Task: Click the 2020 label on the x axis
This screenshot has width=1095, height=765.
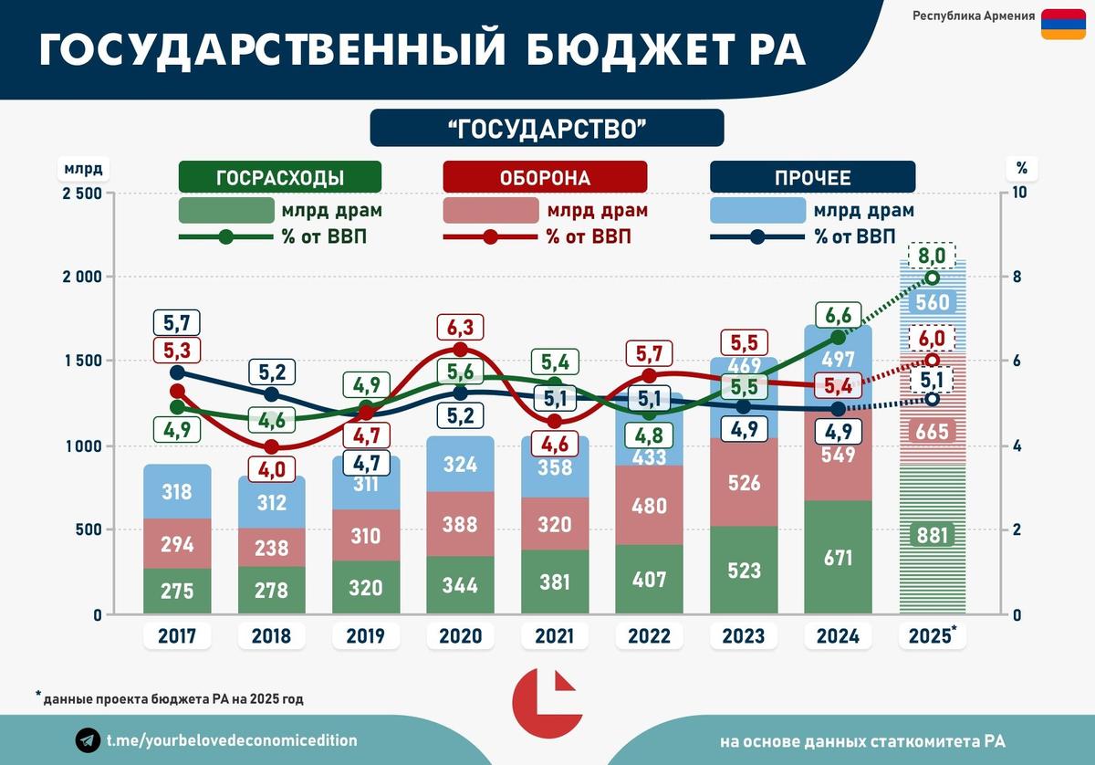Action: coord(460,635)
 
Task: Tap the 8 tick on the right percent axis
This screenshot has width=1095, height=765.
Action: coord(1018,278)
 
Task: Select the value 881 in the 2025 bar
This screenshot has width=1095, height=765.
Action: coord(931,535)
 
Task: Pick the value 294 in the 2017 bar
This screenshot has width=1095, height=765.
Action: coord(177,546)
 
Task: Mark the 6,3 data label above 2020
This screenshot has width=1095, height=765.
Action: coord(459,327)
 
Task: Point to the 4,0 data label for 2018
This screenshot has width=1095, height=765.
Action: coord(270,469)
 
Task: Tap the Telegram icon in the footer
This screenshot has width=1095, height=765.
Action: coord(89,740)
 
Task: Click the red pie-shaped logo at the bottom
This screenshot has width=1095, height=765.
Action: coord(545,707)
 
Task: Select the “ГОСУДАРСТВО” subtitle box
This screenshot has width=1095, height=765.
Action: coord(547,128)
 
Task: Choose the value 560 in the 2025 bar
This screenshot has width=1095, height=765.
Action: coord(931,302)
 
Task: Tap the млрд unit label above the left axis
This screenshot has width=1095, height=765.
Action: coord(84,168)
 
